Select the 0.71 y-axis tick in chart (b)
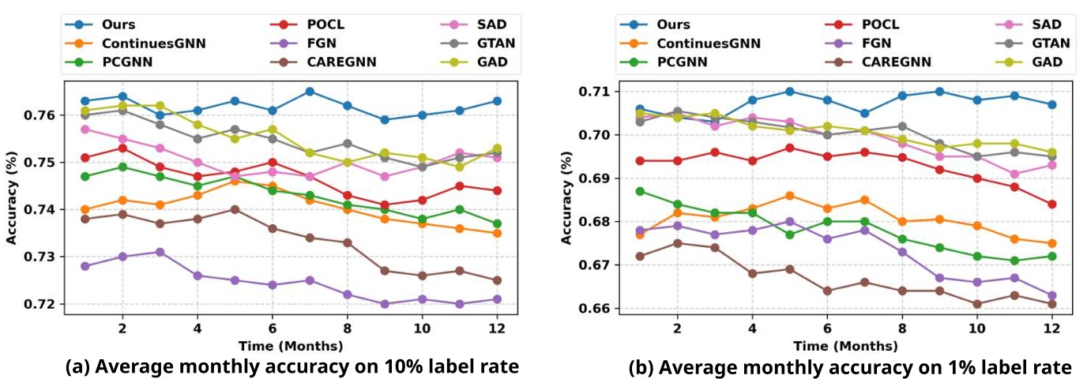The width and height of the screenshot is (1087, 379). pos(597,92)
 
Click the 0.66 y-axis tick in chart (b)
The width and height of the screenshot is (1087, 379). pos(597,308)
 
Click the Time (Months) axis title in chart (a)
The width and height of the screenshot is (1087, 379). pos(290,346)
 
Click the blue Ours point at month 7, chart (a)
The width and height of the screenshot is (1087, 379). pos(310,92)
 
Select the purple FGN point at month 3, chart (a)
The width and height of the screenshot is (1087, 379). pos(160,252)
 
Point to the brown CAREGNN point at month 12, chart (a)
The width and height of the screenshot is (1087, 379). pos(496,280)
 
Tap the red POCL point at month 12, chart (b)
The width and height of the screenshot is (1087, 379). pos(1051,204)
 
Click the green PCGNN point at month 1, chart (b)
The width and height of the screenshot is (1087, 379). pos(640,191)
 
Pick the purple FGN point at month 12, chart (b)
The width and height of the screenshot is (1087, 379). pos(1051,295)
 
